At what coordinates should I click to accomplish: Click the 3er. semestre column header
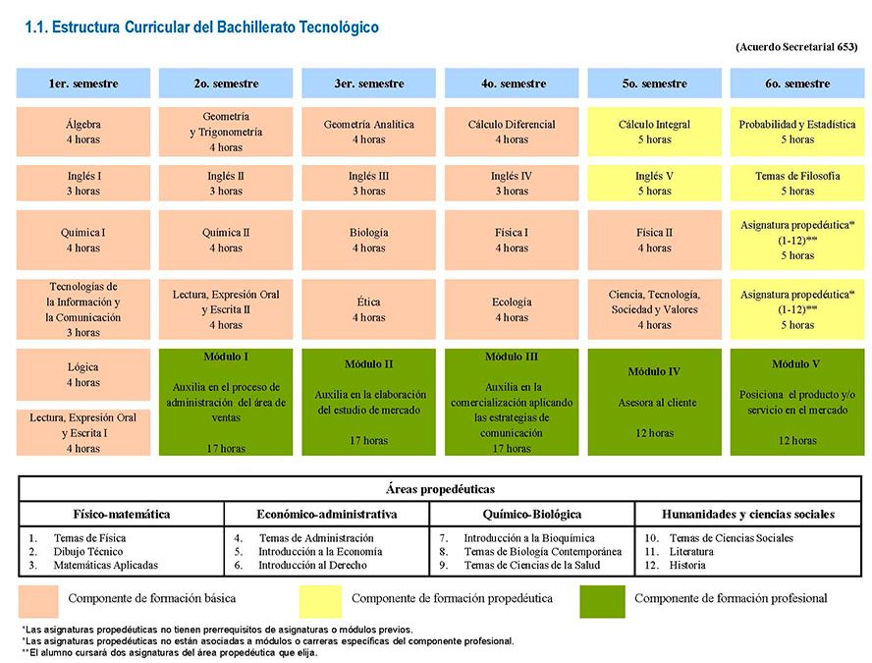coord(368,83)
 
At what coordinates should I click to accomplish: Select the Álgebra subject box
coord(83,132)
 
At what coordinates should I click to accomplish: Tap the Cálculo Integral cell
coord(655,132)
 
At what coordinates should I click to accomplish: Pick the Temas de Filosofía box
coord(797,183)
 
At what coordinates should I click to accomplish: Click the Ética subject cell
coord(368,309)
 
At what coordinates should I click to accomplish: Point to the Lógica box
coord(83,375)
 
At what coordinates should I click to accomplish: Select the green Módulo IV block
coord(655,402)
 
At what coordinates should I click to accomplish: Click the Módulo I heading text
coord(226,357)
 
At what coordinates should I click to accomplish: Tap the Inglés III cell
coord(368,183)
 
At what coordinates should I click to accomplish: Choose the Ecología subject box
coord(512,309)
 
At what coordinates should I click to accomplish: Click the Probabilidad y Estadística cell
coord(797,132)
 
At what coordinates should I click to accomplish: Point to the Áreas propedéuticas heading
coord(440,489)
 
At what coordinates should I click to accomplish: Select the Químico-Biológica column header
coord(532,514)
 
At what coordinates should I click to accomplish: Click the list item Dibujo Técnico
coord(87,552)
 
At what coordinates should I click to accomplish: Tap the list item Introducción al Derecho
coord(312,565)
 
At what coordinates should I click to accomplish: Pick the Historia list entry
coord(687,565)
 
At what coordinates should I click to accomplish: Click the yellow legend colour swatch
coord(320,601)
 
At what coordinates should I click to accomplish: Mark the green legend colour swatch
coord(602,601)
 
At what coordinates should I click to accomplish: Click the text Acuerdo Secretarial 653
coord(796,47)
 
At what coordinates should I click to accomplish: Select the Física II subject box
coord(655,240)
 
